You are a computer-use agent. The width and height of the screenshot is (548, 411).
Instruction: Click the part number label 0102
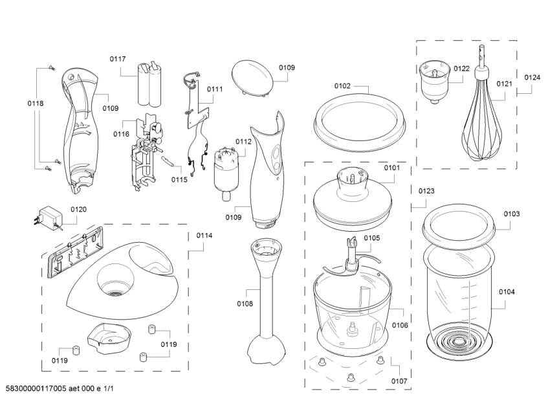pyautogui.click(x=342, y=85)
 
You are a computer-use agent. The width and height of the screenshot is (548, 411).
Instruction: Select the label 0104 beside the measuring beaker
pyautogui.click(x=507, y=293)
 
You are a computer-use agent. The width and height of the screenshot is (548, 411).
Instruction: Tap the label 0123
pyautogui.click(x=426, y=191)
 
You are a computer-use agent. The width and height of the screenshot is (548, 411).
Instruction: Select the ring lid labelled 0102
pyautogui.click(x=359, y=123)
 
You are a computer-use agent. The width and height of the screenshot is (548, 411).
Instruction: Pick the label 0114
pyautogui.click(x=204, y=236)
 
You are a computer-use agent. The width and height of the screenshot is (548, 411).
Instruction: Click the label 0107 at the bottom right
pyautogui.click(x=399, y=381)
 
